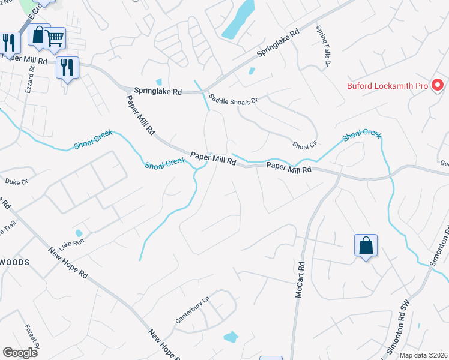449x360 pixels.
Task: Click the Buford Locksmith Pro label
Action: point(387,86)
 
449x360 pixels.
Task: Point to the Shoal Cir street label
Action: point(304,145)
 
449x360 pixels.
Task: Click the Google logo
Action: point(19,352)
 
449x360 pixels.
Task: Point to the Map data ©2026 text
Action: point(424,355)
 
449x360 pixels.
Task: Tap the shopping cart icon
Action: point(55,39)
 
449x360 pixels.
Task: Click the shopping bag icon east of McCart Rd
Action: point(366,245)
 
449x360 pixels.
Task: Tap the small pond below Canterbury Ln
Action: point(231,337)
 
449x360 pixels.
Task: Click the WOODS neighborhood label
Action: point(15,262)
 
